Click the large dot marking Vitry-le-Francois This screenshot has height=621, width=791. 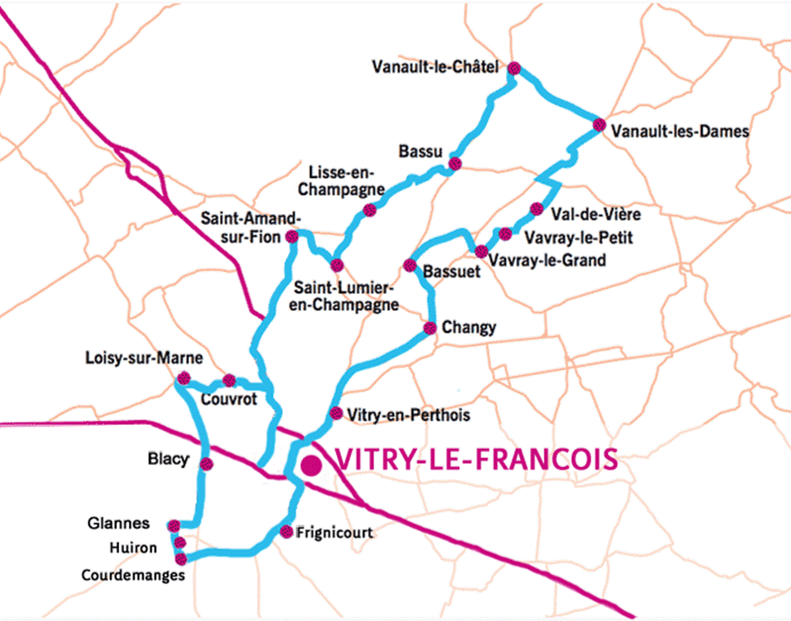311,466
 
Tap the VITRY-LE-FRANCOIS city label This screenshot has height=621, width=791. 476,460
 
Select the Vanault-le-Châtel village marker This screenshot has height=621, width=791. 514,68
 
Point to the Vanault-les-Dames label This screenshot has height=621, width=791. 680,132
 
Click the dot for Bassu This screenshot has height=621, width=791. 455,164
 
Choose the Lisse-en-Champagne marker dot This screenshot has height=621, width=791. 370,210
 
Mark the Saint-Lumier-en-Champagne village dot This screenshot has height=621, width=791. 337,265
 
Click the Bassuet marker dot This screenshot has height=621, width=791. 410,265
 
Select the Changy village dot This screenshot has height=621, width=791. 430,327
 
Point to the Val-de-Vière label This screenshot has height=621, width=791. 596,215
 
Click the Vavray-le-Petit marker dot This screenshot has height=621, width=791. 505,234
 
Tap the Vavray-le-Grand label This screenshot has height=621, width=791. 547,260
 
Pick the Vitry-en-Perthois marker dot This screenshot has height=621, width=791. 336,413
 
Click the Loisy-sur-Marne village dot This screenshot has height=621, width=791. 184,378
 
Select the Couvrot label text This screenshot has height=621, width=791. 229,399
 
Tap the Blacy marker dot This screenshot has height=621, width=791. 206,464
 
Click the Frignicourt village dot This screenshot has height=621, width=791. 286,532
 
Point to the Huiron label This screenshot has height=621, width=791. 133,548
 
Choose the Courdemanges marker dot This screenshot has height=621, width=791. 181,559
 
